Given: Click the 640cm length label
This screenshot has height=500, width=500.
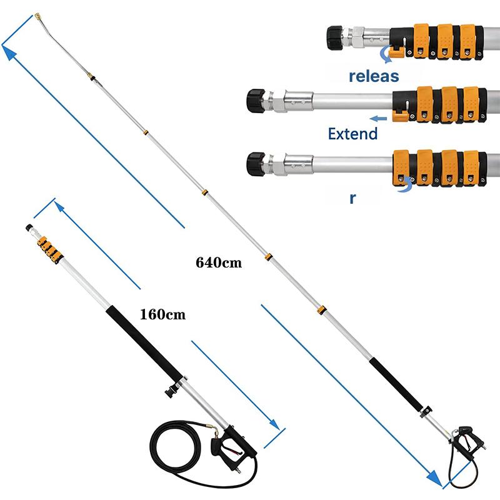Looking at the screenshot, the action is point(219,262).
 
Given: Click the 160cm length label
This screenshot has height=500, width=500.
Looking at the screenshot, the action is point(162,314).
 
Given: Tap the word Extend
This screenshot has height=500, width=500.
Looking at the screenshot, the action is point(352,134).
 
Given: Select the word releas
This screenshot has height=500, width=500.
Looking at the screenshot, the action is point(374,76).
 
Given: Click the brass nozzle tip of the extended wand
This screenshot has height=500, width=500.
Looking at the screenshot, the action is point(38,16).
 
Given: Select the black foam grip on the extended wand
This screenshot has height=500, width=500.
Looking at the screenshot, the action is point(396,384).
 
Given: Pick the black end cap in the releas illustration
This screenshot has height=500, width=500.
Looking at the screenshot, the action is point(335,37).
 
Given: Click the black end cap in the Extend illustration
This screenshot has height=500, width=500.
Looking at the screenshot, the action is point(256,101).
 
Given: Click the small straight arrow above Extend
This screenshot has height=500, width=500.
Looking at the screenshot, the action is point(378,119).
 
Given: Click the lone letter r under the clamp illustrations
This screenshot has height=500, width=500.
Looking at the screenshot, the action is point(352,198).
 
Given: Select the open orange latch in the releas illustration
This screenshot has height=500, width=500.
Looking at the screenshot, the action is point(396,52).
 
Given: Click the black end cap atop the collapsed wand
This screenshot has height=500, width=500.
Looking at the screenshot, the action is point(29,227).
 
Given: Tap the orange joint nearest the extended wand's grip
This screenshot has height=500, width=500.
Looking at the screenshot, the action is point(321,310).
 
